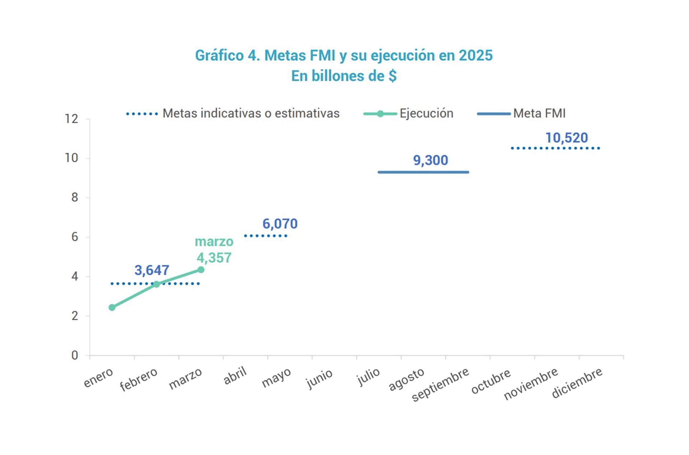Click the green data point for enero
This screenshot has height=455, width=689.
[112, 307]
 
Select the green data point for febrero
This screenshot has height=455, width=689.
[156, 284]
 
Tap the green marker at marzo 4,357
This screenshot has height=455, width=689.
[201, 270]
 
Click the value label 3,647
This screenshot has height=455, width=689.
[152, 270]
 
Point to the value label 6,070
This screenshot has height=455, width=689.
[280, 224]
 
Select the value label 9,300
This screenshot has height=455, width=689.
[431, 160]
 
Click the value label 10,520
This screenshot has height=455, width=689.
[567, 138]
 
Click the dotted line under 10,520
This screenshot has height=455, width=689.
[555, 148]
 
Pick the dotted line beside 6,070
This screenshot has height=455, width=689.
[266, 236]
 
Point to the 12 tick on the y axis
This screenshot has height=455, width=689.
[71, 119]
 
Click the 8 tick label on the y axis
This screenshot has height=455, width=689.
[75, 197]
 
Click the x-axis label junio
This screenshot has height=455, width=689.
[319, 379]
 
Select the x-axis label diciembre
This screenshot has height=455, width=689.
[577, 383]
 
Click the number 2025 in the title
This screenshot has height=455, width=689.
[475, 55]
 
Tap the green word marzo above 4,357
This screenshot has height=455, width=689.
[214, 242]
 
